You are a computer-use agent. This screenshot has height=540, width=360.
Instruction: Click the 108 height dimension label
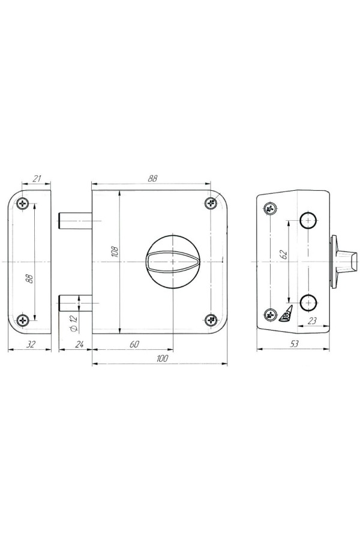(115, 252)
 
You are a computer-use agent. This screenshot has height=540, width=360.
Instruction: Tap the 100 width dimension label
(161, 358)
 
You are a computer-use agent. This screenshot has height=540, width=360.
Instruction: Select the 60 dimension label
(134, 344)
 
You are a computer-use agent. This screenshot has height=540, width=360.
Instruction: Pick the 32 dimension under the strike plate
(31, 344)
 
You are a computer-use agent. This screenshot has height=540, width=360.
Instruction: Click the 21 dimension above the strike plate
(37, 178)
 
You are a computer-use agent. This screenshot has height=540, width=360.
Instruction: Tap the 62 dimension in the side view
(283, 254)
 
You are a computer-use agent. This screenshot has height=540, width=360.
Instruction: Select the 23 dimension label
(312, 320)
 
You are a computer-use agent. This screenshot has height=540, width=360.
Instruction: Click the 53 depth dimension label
(295, 344)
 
